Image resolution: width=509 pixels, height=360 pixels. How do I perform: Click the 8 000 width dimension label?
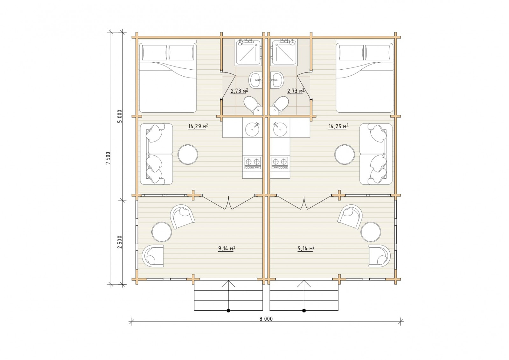click(266, 319)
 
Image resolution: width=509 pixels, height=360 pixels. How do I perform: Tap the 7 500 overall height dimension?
click(108, 158)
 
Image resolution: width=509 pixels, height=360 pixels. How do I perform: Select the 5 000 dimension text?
click(120, 116)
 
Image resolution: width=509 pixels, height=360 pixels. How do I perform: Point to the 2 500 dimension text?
click(120, 242)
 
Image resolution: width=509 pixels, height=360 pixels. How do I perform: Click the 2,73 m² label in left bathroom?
click(239, 91)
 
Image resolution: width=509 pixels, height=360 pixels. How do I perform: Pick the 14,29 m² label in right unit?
click(338, 126)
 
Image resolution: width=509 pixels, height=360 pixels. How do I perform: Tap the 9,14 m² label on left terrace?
click(227, 248)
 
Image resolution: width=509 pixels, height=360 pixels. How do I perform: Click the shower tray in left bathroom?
click(249, 52)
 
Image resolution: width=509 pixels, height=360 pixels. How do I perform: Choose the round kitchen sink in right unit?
click(280, 129)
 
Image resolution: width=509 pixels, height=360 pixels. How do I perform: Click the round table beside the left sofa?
click(188, 155)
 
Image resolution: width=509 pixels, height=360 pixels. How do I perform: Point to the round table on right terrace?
click(371, 232)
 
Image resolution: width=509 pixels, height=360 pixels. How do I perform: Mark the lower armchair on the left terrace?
click(153, 256)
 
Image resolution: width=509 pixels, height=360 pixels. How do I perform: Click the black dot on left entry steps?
click(228, 310)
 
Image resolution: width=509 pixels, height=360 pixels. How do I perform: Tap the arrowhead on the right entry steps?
click(304, 283)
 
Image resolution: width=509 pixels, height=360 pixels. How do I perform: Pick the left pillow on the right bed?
click(351, 52)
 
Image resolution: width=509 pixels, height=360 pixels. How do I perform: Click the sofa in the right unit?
click(376, 154)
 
